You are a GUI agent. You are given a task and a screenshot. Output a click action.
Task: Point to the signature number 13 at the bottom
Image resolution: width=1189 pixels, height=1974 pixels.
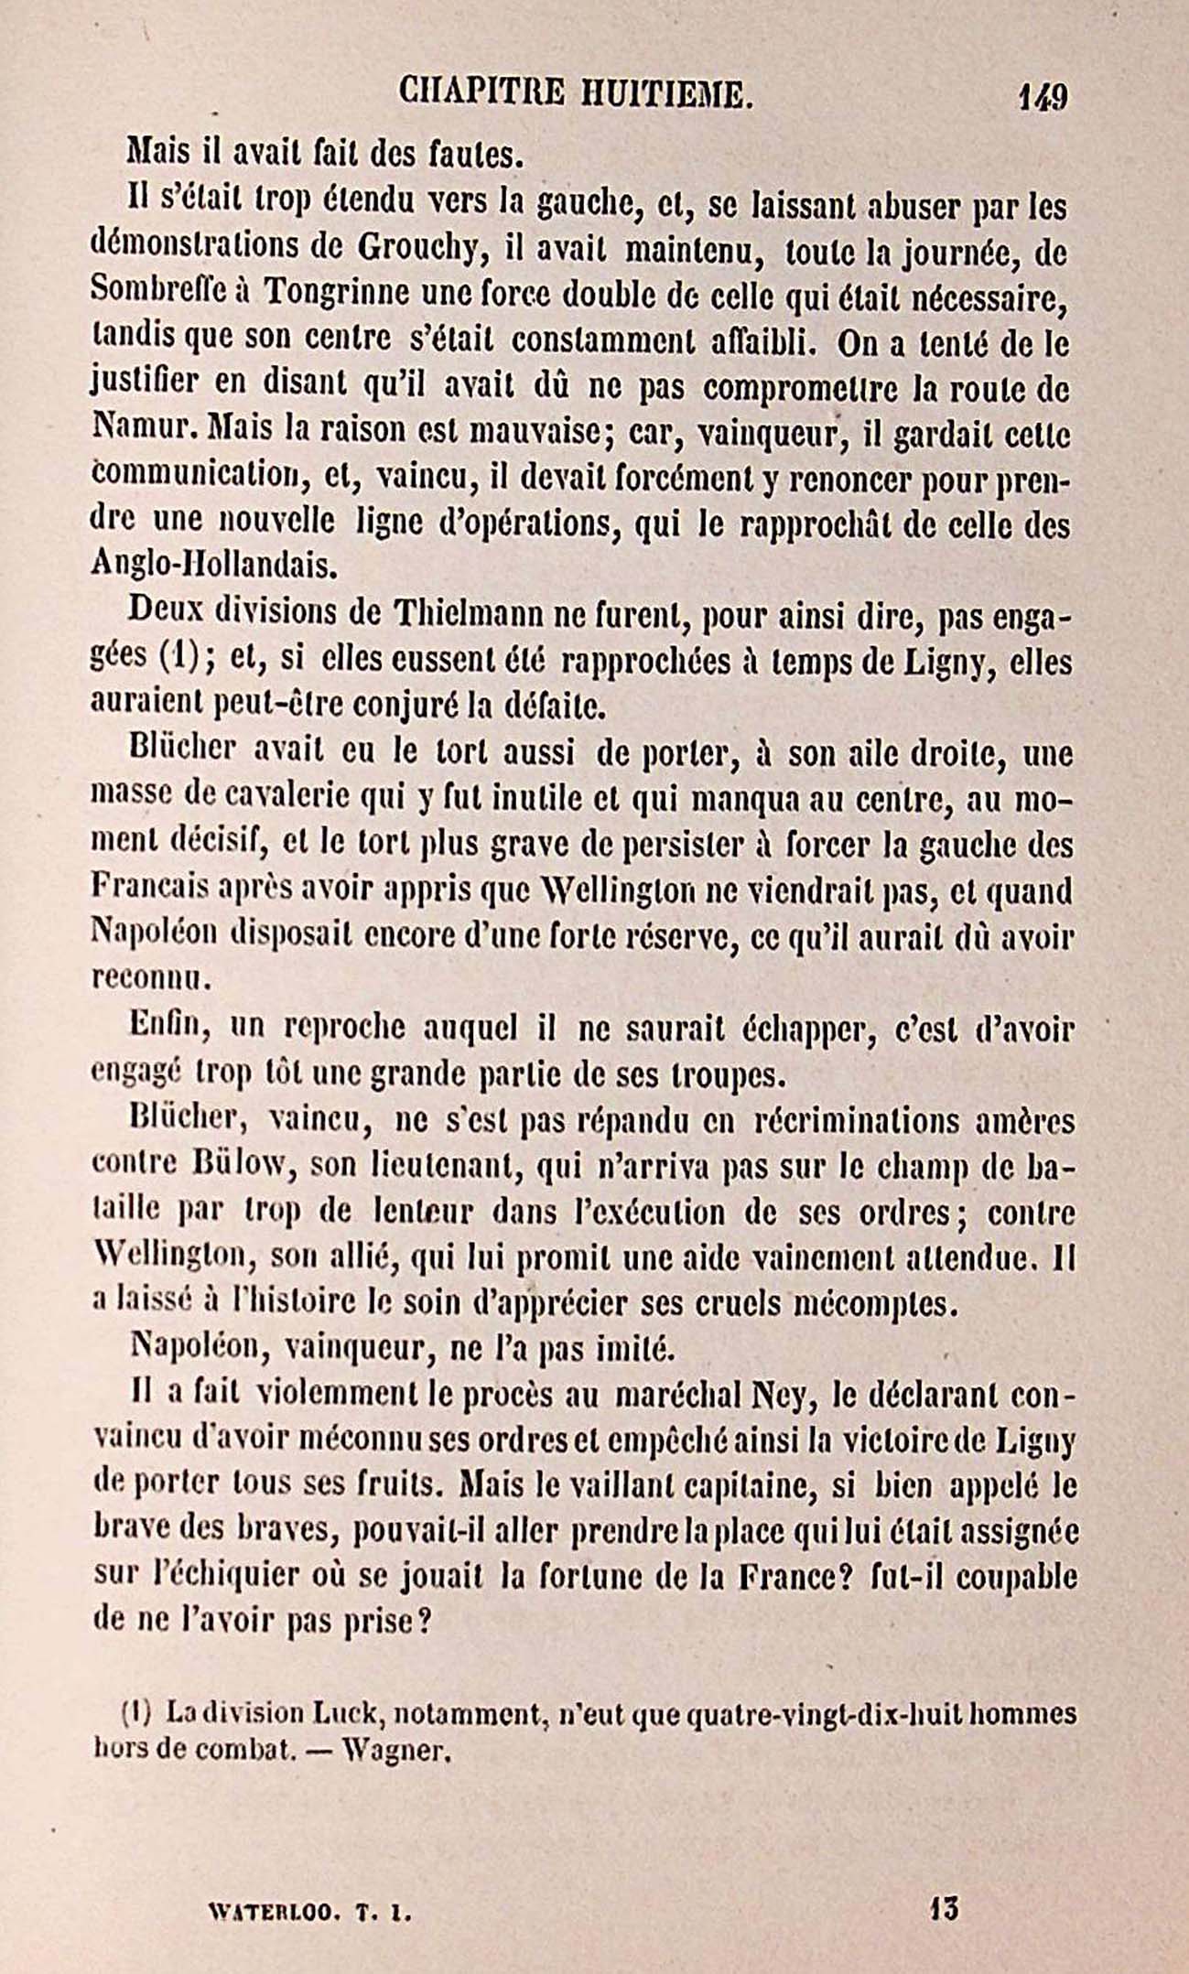tap(944, 1908)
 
